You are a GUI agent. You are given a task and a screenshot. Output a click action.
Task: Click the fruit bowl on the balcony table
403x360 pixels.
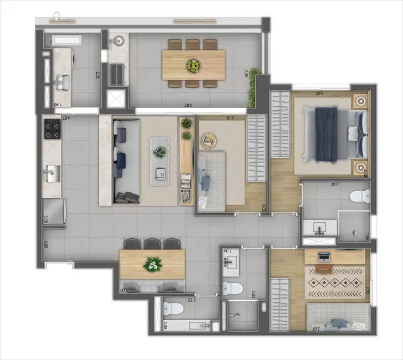[193, 66]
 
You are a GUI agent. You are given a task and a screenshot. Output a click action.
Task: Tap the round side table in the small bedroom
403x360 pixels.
[207, 141]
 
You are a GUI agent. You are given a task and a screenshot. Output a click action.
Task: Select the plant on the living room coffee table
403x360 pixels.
[161, 151]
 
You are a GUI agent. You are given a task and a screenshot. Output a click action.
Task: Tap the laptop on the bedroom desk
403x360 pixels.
[324, 256]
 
